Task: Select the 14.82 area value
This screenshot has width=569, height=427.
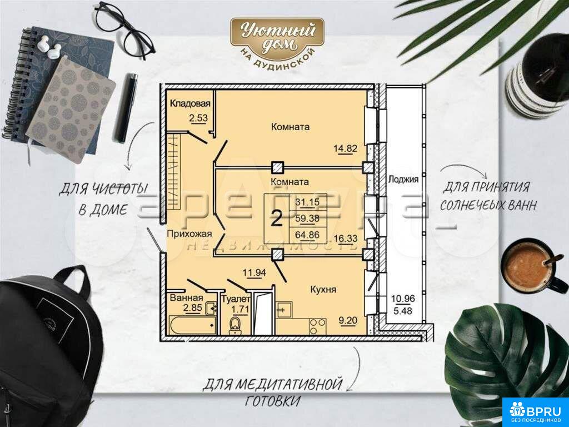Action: pyautogui.click(x=346, y=148)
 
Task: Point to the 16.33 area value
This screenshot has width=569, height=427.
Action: pyautogui.click(x=346, y=239)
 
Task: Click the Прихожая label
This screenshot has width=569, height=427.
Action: pyautogui.click(x=189, y=234)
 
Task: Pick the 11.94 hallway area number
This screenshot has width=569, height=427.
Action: pyautogui.click(x=254, y=272)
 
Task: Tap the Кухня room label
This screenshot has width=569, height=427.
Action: pyautogui.click(x=323, y=289)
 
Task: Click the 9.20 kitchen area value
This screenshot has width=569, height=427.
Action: pyautogui.click(x=348, y=320)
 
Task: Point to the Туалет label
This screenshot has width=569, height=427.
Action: pyautogui.click(x=236, y=299)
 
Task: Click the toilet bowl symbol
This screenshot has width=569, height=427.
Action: pyautogui.click(x=235, y=325)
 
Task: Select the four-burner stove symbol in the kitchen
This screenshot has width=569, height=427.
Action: pyautogui.click(x=317, y=326)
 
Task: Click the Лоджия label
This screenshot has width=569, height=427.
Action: pyautogui.click(x=403, y=180)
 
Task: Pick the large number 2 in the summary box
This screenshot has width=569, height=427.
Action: pyautogui.click(x=277, y=219)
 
